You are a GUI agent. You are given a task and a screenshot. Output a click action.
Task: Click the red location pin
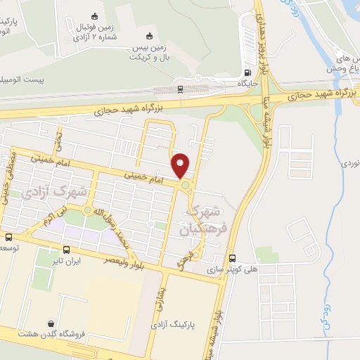pyautogui.click(x=181, y=165)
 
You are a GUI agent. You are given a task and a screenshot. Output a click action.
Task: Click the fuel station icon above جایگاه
pyautogui.click(x=247, y=72)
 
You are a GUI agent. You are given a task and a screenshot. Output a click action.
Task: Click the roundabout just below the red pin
pyautogui.click(x=185, y=185)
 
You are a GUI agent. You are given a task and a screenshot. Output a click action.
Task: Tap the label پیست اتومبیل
pyautogui.click(x=21, y=79)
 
